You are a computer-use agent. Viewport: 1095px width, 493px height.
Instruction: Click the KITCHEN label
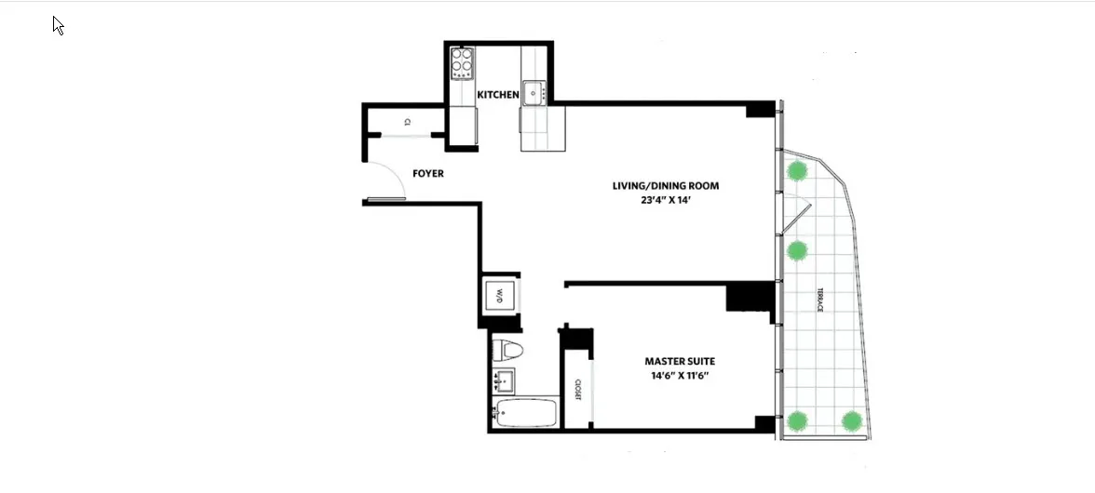pyautogui.click(x=498, y=95)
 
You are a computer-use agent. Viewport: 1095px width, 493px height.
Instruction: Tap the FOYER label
pyautogui.click(x=427, y=174)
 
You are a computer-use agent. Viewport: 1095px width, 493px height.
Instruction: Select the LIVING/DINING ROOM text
pyautogui.click(x=665, y=186)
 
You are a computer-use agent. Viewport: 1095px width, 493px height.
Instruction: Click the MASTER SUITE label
pyautogui.click(x=680, y=361)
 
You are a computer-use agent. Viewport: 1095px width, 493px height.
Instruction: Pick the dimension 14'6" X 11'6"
pyautogui.click(x=680, y=377)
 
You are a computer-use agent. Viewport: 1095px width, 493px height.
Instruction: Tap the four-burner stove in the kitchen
pyautogui.click(x=463, y=62)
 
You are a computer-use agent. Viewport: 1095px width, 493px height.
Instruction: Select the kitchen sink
pyautogui.click(x=534, y=91)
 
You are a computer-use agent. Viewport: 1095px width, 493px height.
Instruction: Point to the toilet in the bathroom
pyautogui.click(x=508, y=351)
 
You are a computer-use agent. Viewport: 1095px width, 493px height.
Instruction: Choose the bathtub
pyautogui.click(x=525, y=413)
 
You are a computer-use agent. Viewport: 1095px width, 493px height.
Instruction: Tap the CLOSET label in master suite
pyautogui.click(x=577, y=391)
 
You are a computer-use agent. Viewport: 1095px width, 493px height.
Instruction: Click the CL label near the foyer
pyautogui.click(x=408, y=122)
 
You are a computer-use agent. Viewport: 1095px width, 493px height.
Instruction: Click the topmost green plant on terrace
pyautogui.click(x=797, y=170)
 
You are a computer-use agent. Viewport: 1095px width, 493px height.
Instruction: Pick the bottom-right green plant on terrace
pyautogui.click(x=851, y=420)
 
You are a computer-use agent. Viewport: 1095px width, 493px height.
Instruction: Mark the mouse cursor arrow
pyautogui.click(x=58, y=25)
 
